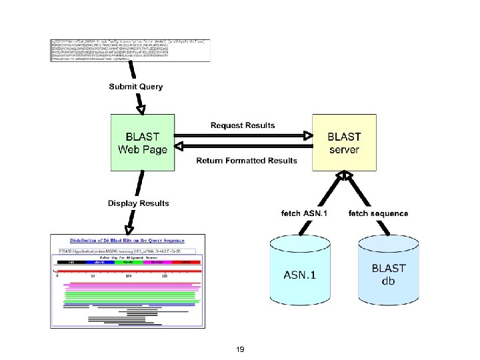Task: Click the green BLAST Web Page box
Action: click(142, 143)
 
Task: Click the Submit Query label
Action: click(136, 87)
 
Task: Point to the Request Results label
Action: click(243, 125)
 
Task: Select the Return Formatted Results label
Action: click(246, 161)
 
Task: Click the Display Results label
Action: click(139, 203)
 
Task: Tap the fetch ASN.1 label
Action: click(304, 213)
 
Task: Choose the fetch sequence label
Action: click(379, 213)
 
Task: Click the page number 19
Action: click(240, 349)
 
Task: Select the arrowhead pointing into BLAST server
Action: click(307, 136)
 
